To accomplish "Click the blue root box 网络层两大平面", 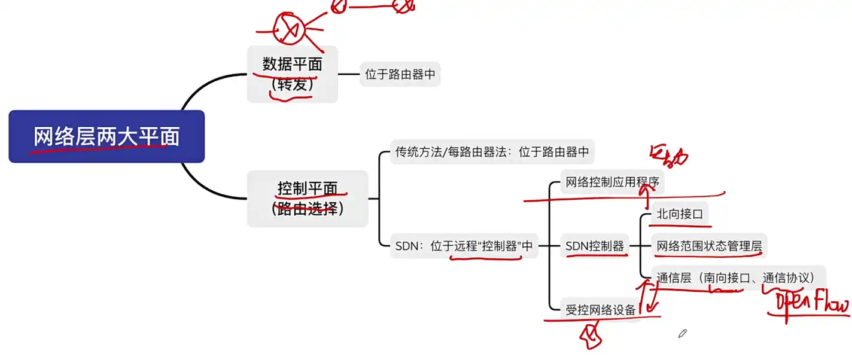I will coord(106,137).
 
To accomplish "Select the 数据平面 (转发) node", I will coord(292,74).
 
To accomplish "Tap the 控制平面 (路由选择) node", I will coord(308,199).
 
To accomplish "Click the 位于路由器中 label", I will coord(400,75).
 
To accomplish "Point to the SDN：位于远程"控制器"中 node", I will coord(464,246).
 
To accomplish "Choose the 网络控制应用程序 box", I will coord(611,182).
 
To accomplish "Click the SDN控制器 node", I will coord(595,246).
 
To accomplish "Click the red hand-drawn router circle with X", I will coord(289,28).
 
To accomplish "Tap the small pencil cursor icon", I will coord(683,333).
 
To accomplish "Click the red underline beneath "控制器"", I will coord(486,258).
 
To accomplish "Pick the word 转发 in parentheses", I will coord(292,84).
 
